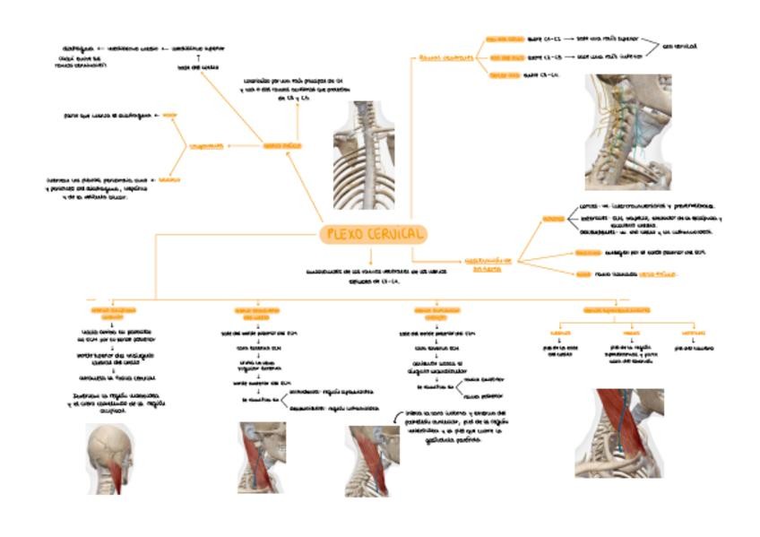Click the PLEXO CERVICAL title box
pyautogui.click(x=373, y=234)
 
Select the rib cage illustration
pyautogui.click(x=363, y=143)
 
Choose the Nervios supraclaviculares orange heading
pyautogui.click(x=617, y=309)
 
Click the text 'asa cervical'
pyautogui.click(x=680, y=45)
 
